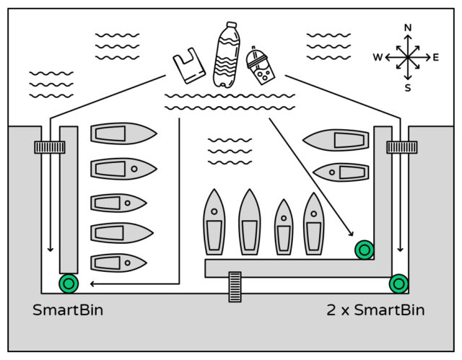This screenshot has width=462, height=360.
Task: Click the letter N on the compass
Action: tap(408, 28)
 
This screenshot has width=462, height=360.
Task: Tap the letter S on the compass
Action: tap(408, 87)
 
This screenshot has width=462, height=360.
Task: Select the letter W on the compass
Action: tap(378, 57)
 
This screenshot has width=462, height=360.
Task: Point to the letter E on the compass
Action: tap(435, 57)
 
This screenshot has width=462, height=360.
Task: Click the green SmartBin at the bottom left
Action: tap(69, 283)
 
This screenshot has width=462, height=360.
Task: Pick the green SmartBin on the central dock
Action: tap(365, 250)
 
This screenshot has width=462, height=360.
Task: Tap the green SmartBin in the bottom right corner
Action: tap(398, 283)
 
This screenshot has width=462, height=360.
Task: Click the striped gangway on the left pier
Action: tap(50, 147)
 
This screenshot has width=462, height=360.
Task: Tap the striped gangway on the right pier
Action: tap(401, 147)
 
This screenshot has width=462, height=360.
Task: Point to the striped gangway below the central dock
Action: tap(234, 286)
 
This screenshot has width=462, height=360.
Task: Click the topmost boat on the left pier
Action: tap(123, 133)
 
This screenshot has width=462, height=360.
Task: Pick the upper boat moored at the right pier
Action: tap(336, 139)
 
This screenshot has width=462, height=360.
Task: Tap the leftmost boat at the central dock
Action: tap(214, 222)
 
